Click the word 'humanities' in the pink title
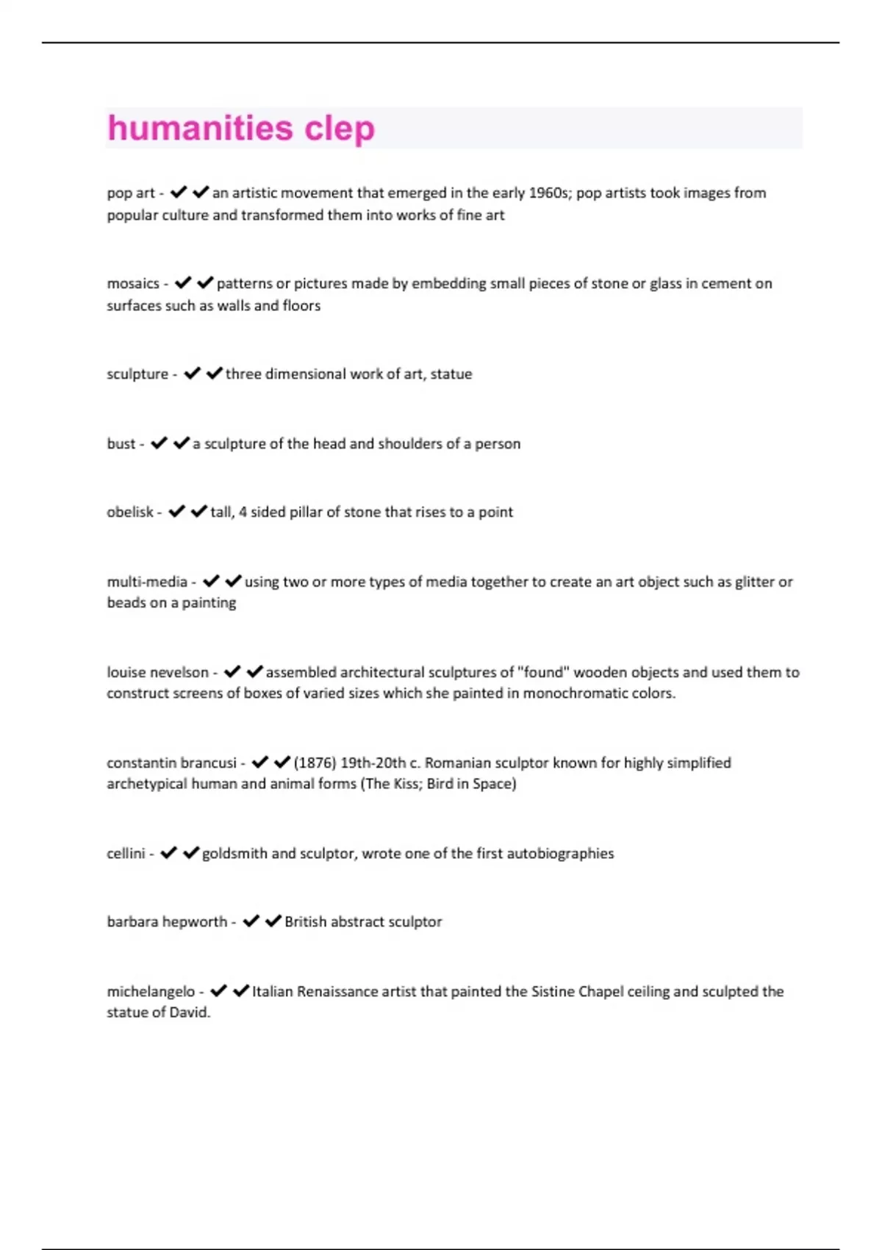[x=200, y=128]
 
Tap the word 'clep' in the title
[x=340, y=129]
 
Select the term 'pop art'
[x=131, y=193]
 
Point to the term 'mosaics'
[x=133, y=284]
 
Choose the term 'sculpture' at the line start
[x=137, y=374]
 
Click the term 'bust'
[x=121, y=444]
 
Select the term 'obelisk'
[x=130, y=512]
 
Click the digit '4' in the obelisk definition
[x=243, y=512]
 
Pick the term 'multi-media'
[x=147, y=582]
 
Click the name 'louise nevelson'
[x=157, y=673]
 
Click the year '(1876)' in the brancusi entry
[x=315, y=763]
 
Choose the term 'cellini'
[x=126, y=854]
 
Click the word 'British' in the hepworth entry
[x=305, y=922]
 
